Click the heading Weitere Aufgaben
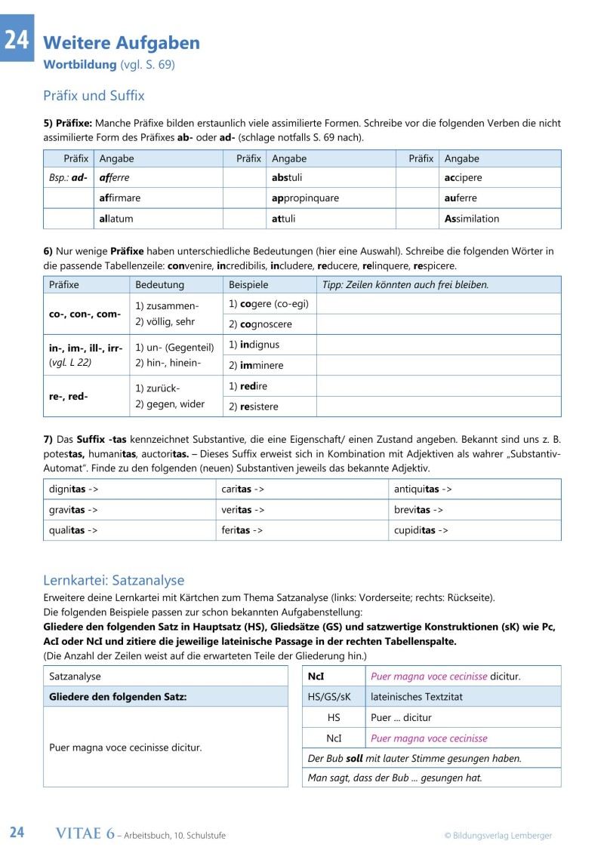(x=122, y=43)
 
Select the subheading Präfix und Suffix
(x=94, y=96)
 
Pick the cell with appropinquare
(x=305, y=198)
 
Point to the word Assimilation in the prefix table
(x=472, y=219)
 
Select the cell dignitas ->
(x=73, y=489)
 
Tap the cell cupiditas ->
(x=421, y=530)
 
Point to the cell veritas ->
(x=242, y=510)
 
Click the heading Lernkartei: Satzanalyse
(x=114, y=581)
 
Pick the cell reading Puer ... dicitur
(x=402, y=718)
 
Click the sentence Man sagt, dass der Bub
(x=395, y=778)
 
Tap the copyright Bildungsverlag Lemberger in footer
(x=498, y=835)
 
